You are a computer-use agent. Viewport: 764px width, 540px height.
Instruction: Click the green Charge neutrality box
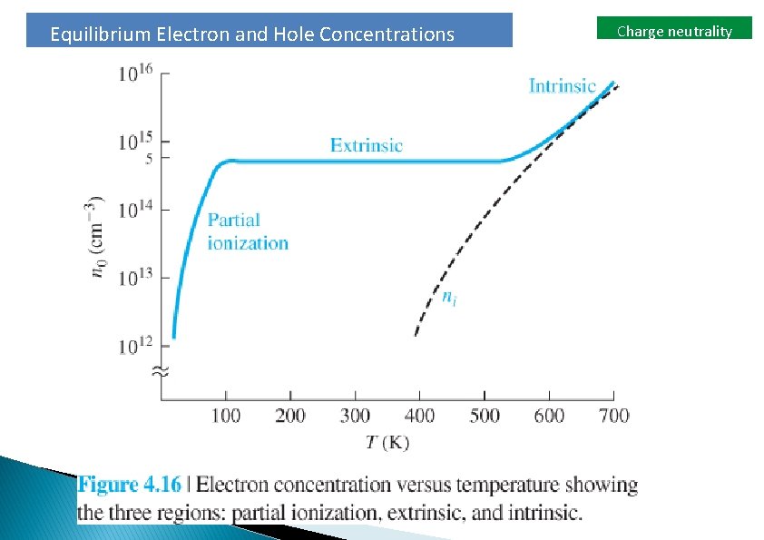click(674, 31)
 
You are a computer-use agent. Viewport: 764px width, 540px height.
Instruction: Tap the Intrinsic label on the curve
click(563, 86)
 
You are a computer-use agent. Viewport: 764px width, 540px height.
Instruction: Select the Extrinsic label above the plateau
click(366, 145)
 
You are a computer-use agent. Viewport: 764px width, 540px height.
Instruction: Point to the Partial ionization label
click(248, 231)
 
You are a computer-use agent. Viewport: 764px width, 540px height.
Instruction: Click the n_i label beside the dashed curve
click(448, 297)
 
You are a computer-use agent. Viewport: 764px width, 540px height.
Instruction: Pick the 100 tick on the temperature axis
click(226, 416)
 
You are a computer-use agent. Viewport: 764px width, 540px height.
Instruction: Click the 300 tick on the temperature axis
click(355, 416)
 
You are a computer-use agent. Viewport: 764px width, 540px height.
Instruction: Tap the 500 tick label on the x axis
click(485, 416)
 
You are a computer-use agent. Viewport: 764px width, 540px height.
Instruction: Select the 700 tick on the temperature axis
click(614, 416)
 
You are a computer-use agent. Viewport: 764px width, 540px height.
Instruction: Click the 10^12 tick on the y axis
click(136, 346)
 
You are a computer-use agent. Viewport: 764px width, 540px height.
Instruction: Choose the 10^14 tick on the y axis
click(136, 210)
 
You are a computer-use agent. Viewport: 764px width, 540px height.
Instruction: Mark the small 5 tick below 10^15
click(152, 158)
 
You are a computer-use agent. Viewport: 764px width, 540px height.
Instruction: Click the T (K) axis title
click(387, 443)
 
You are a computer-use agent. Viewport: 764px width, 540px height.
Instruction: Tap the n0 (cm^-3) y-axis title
click(99, 237)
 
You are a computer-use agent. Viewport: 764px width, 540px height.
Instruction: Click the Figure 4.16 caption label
click(130, 485)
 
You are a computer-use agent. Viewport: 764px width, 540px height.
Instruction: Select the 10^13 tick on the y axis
click(136, 278)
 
